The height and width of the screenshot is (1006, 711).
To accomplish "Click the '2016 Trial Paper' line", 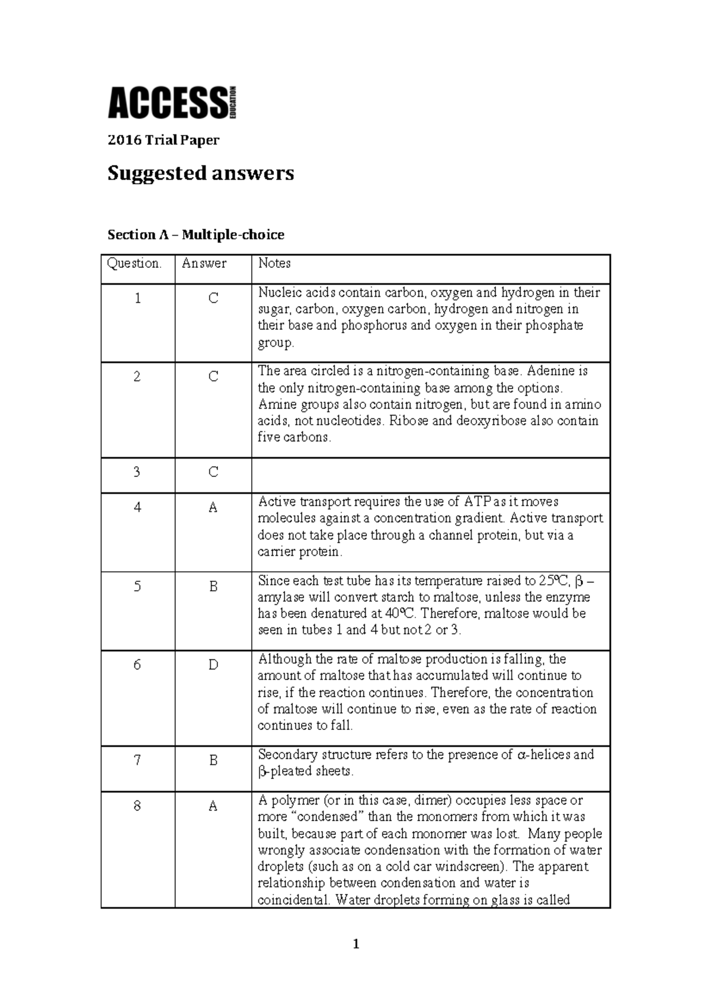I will point(163,140).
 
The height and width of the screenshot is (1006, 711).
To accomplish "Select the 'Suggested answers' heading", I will point(200,173).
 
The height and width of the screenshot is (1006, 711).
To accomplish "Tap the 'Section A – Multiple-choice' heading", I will point(196,235).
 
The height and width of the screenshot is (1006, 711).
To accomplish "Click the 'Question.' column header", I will point(134,264).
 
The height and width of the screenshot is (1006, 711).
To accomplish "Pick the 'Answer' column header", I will point(204,264).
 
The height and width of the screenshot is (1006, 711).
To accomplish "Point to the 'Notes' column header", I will point(274,264).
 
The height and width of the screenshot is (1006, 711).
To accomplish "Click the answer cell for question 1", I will point(213,299).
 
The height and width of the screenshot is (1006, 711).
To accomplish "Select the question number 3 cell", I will point(137,472).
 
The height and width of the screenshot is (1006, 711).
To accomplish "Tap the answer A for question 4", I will point(213,508).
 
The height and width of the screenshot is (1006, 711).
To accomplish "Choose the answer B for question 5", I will point(213,587).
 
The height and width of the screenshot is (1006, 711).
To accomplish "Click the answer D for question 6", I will point(213,665).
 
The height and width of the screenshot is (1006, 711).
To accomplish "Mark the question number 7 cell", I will point(137,760).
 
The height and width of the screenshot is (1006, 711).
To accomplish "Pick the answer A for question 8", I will point(213,806).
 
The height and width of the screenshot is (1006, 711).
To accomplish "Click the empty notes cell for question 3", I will point(430,475).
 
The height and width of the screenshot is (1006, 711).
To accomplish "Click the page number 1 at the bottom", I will point(355,944).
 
